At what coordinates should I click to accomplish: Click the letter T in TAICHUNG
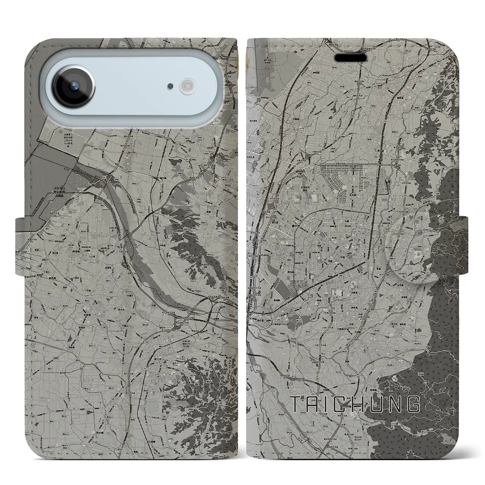pos(297,404)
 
